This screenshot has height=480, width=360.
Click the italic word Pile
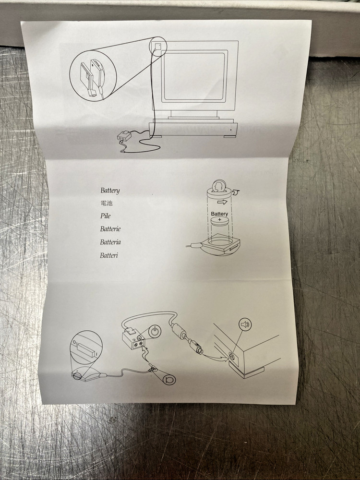pos(105,216)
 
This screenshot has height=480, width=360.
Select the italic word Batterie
pos(110,228)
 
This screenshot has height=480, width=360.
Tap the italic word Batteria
pos(110,242)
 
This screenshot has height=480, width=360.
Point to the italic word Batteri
pos(108,255)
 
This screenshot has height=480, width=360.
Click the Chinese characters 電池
pos(106,203)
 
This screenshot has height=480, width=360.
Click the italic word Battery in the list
pos(110,191)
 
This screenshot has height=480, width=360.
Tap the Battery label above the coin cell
pos(219,214)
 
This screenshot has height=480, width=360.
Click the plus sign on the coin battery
pos(219,220)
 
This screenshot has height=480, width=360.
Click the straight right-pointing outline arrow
pos(223,202)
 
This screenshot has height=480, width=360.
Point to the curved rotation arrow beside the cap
pos(236,192)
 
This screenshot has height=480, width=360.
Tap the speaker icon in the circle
pos(245,324)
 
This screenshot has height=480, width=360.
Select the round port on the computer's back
pos(231,356)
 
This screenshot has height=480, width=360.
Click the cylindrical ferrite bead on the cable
pos(178,331)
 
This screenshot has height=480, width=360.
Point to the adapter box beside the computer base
pos(124,136)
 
